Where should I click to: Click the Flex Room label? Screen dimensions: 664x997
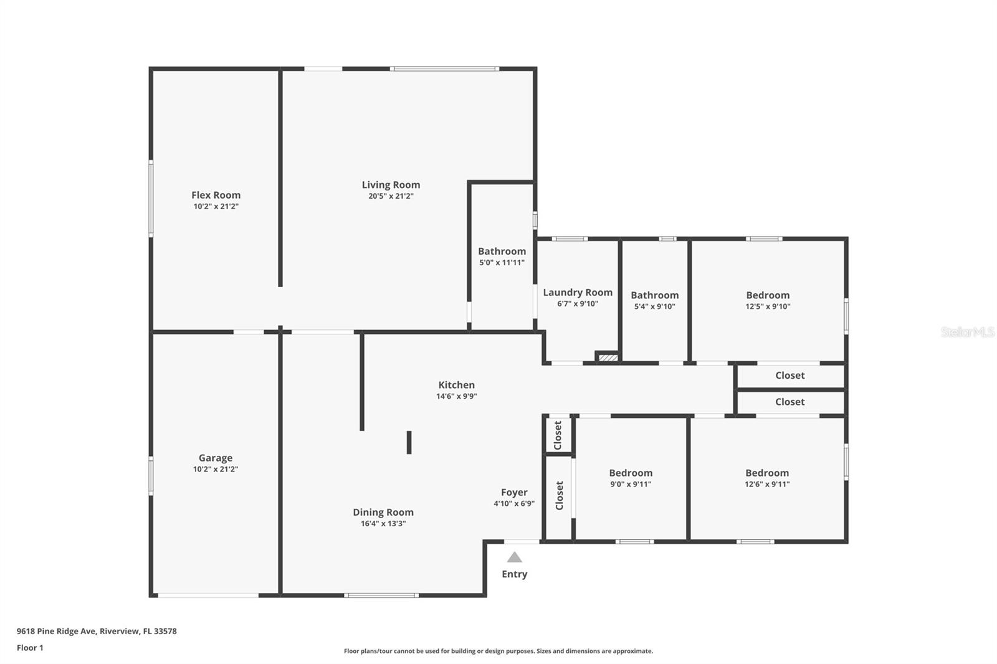pos(216,195)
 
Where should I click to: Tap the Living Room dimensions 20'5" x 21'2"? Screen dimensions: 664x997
pos(391,196)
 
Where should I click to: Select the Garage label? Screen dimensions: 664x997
pos(216,458)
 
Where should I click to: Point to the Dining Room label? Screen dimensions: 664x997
pos(383,512)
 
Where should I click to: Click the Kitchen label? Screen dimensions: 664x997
pos(456,385)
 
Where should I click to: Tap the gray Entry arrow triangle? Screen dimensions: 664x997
pos(514,557)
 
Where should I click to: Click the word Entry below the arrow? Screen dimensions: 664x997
pos(514,574)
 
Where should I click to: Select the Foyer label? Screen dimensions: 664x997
pos(514,492)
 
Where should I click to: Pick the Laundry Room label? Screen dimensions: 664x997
pos(578,292)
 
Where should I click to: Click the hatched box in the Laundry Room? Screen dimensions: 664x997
pos(608,358)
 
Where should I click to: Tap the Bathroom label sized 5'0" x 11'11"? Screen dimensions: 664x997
pos(502,251)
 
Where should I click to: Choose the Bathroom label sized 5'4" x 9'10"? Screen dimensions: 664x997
pos(654,295)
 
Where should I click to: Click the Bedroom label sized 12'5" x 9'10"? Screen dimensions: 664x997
pos(768,295)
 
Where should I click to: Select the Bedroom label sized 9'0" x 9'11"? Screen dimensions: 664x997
pos(631,473)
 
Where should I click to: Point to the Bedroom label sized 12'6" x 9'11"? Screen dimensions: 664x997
pos(767,473)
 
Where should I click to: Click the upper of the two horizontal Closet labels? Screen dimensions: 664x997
pos(789,375)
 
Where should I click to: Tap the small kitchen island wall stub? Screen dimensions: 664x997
pos(409,442)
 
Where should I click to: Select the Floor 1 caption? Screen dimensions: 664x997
pos(30,648)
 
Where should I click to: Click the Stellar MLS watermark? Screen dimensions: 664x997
pos(967,332)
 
